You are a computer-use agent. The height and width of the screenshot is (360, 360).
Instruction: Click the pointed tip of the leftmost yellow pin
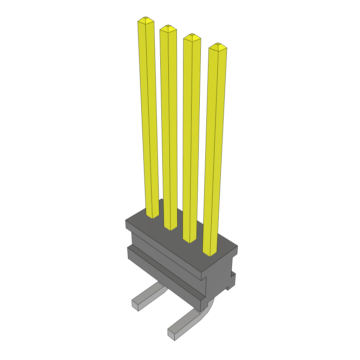146,18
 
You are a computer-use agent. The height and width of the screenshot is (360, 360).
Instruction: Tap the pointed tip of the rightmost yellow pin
218,45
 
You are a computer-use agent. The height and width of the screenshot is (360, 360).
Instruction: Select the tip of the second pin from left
168,26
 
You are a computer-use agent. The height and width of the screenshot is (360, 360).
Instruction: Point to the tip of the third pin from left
192,36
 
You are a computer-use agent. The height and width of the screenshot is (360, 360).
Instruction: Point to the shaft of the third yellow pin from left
191,137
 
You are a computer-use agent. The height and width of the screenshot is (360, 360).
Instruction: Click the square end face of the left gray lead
135,305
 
